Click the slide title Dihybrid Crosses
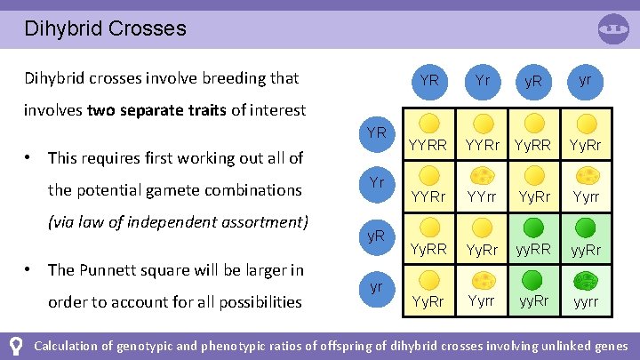click(x=105, y=28)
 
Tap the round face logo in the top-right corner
click(x=613, y=29)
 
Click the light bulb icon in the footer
click(x=15, y=345)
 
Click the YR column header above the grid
click(x=429, y=80)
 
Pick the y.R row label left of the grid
click(x=376, y=236)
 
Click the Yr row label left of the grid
click(x=376, y=183)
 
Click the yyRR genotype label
click(x=534, y=251)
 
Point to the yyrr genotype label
click(x=586, y=302)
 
